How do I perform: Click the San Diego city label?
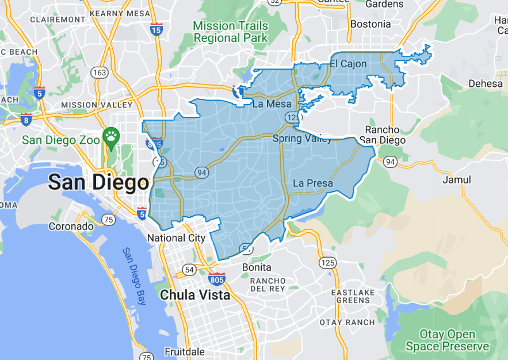pyautogui.click(x=98, y=183)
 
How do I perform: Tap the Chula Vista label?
pyautogui.click(x=195, y=295)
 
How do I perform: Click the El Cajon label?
pyautogui.click(x=348, y=64)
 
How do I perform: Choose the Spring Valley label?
pyautogui.click(x=302, y=139)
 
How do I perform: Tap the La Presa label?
pyautogui.click(x=312, y=183)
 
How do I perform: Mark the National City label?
pyautogui.click(x=176, y=238)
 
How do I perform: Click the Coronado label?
pyautogui.click(x=71, y=226)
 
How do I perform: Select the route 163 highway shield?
pyautogui.click(x=99, y=73)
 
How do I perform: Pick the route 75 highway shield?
pyautogui.click(x=108, y=219)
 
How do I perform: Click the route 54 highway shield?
pyautogui.click(x=189, y=269)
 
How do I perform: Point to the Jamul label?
pyautogui.click(x=457, y=180)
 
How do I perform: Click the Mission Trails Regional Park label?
pyautogui.click(x=230, y=32)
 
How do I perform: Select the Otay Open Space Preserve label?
pyautogui.click(x=447, y=340)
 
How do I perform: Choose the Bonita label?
pyautogui.click(x=256, y=267)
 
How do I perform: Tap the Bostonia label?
pyautogui.click(x=370, y=24)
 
